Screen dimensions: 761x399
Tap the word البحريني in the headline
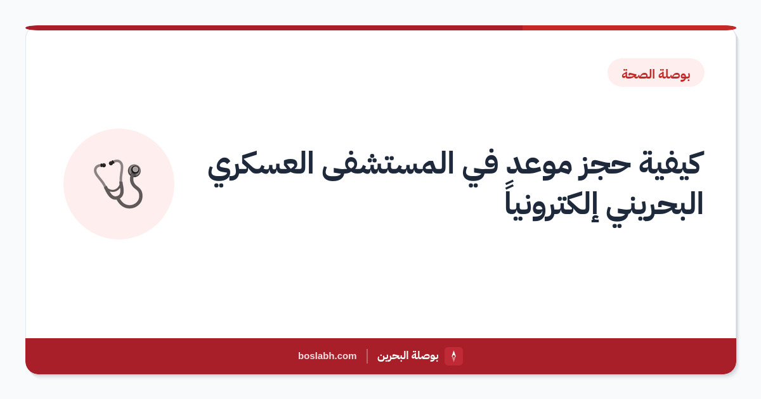pyautogui.click(x=654, y=205)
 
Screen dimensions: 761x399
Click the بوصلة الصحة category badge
pyautogui.click(x=656, y=73)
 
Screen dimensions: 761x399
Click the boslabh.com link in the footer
pyautogui.click(x=327, y=356)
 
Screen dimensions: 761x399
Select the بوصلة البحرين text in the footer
pyautogui.click(x=408, y=355)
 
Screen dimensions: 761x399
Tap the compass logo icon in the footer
pyautogui.click(x=453, y=356)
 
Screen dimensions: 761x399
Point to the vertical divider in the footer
pyautogui.click(x=367, y=356)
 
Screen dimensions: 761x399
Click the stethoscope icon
pyautogui.click(x=118, y=184)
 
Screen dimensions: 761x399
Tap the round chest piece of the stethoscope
pyautogui.click(x=134, y=170)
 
